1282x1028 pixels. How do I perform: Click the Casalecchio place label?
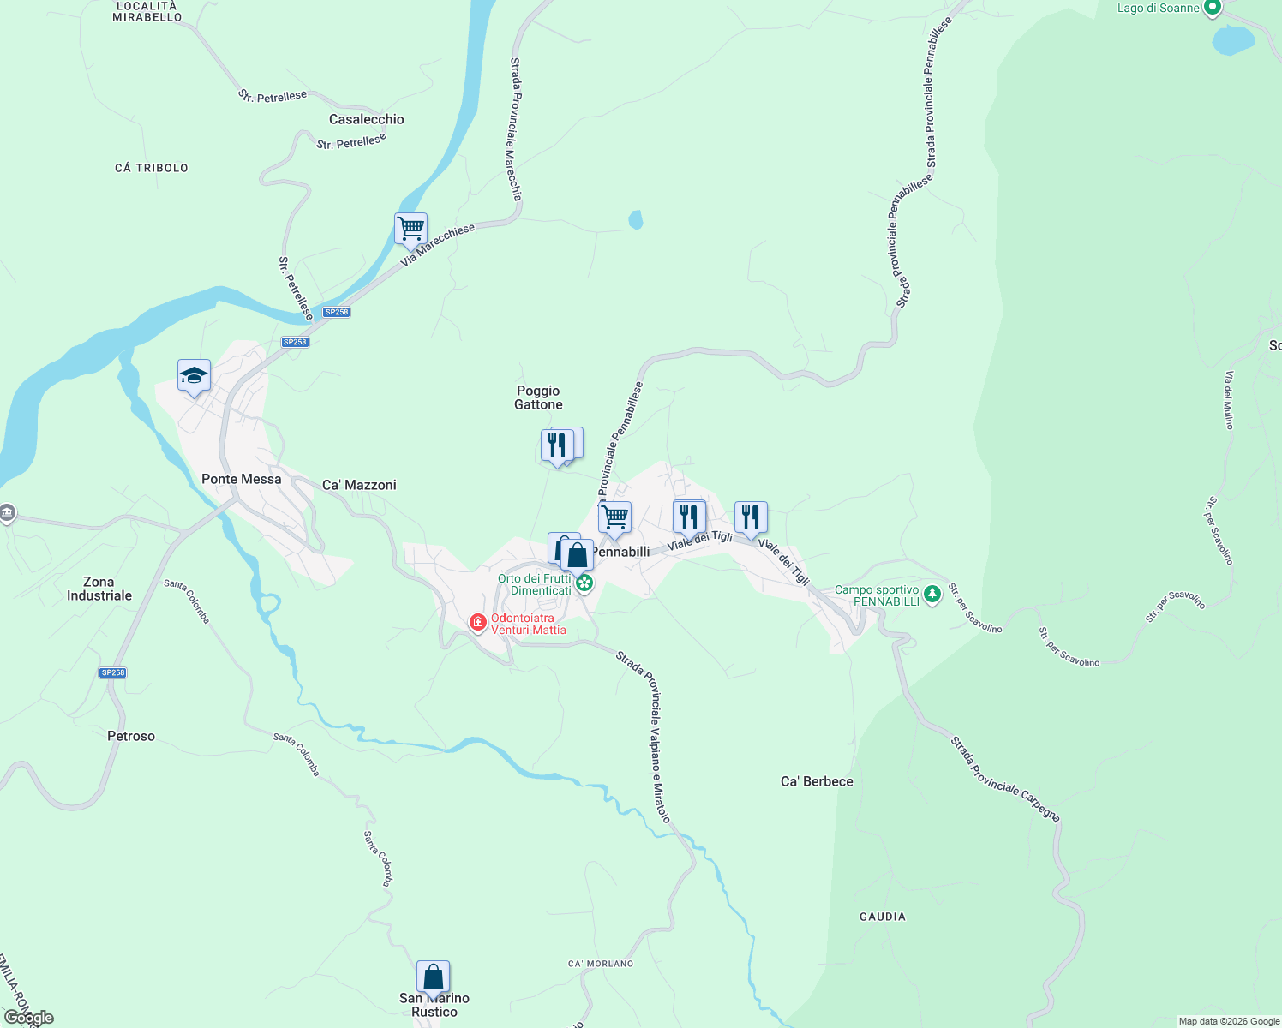click(366, 120)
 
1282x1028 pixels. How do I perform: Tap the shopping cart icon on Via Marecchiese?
click(411, 230)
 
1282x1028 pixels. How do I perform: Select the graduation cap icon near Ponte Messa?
click(195, 376)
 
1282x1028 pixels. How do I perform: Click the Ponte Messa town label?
click(241, 479)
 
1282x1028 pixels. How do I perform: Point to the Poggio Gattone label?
click(538, 397)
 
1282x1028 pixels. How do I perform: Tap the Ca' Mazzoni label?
click(359, 485)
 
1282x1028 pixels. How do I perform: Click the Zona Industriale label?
click(99, 589)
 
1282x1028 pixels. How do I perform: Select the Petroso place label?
click(131, 736)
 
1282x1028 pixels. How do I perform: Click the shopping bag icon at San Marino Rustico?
click(434, 977)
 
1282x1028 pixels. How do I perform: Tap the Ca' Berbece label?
click(817, 781)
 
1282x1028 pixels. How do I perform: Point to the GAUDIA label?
click(883, 917)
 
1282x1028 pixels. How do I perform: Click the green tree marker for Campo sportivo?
click(932, 592)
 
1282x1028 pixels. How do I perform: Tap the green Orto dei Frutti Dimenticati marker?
click(584, 584)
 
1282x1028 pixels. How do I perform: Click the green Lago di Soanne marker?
click(1212, 9)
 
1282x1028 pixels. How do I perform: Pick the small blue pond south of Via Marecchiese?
click(635, 220)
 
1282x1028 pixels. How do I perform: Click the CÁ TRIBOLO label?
click(152, 168)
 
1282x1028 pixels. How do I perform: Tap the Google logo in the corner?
click(28, 1018)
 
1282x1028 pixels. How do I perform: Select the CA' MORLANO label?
click(601, 964)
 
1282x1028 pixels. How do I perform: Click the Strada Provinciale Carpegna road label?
click(1005, 779)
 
